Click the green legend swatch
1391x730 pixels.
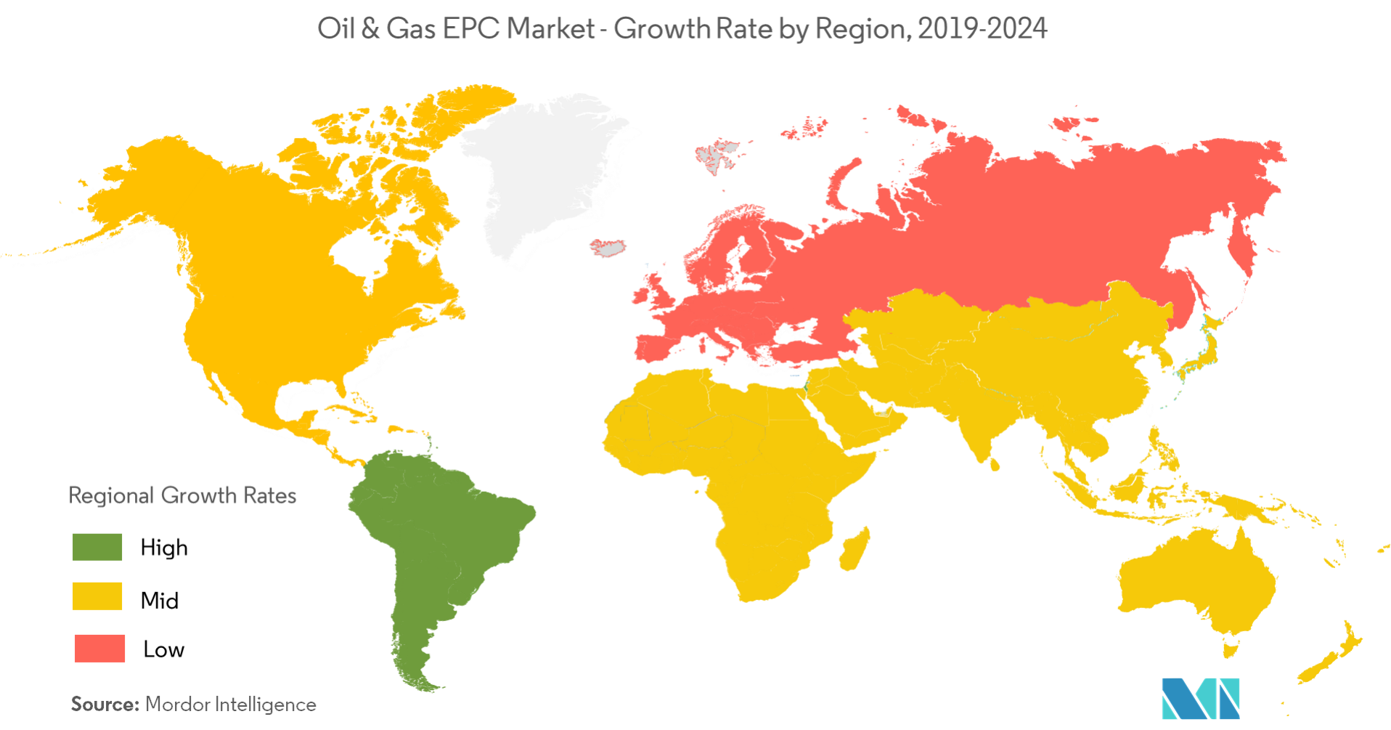coord(97,547)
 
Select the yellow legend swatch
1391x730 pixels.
coord(97,596)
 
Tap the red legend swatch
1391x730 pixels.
coord(99,648)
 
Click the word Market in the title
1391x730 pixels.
coord(551,29)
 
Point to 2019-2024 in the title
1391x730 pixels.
coord(982,29)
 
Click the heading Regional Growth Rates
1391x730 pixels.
coord(182,495)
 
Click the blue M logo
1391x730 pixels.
coord(1199,698)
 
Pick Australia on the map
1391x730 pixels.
coord(1198,581)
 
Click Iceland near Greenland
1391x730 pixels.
coord(608,248)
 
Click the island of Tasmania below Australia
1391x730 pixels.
coord(1229,646)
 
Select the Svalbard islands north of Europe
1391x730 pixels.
coord(716,156)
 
